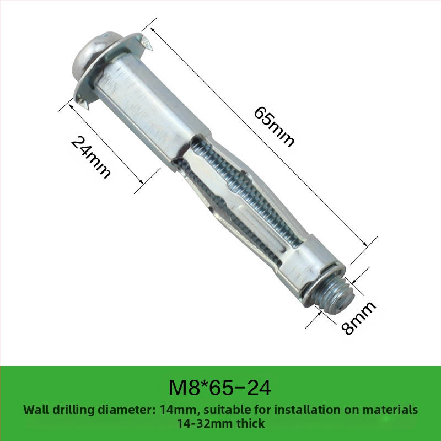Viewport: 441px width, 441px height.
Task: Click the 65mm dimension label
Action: [x=274, y=127]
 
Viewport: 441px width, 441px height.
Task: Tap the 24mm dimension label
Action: [x=90, y=157]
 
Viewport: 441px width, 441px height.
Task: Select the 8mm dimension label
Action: [x=358, y=318]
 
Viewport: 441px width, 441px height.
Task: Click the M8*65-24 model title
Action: [x=219, y=388]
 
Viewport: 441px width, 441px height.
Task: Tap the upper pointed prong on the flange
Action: [x=147, y=43]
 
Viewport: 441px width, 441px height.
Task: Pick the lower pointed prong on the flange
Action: [x=84, y=102]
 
